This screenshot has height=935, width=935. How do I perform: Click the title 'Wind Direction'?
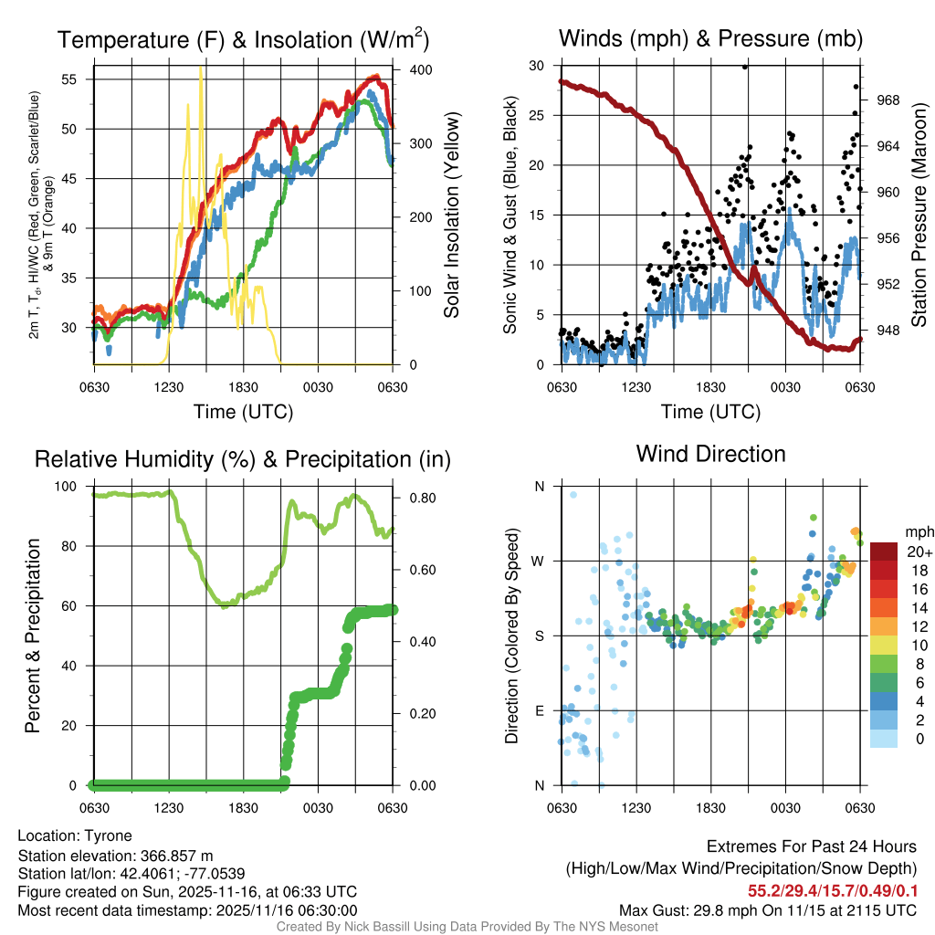(710, 454)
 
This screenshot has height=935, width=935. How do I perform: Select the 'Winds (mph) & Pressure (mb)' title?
(710, 38)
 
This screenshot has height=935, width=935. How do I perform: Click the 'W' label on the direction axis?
(538, 561)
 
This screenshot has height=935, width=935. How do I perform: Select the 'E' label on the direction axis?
(539, 710)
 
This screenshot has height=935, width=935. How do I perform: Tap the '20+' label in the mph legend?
(918, 552)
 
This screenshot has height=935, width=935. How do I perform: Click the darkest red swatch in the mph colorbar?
(883, 551)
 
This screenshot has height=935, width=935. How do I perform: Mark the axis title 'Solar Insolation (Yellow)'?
(451, 215)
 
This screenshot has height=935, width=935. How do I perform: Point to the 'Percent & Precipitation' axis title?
(31, 636)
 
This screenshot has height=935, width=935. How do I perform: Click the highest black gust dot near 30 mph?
(744, 67)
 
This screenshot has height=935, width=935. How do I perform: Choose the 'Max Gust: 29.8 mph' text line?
(767, 909)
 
